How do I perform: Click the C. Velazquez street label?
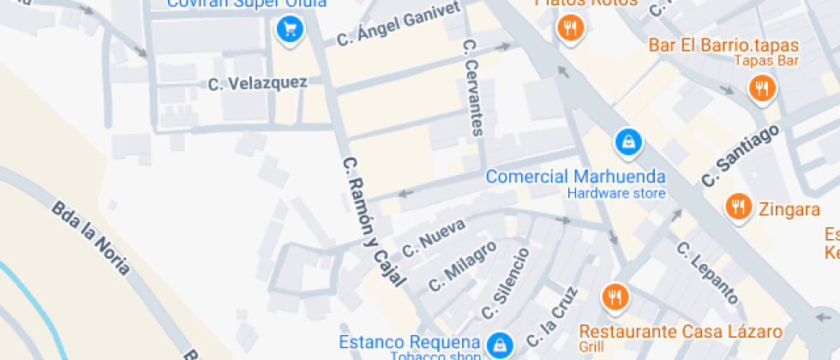pos(258,83)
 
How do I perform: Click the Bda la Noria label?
pos(91,237)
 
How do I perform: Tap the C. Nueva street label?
pos(434,236)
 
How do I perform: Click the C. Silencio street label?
pos(505,282)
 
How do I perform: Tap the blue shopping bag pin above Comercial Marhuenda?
pos(628,142)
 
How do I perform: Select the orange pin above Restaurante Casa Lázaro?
pos(615,297)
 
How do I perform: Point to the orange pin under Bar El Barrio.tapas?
pos(760,87)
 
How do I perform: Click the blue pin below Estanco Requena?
pos(498,346)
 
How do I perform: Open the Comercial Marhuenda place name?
pos(575,177)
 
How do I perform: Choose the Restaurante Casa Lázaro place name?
pos(681,331)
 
